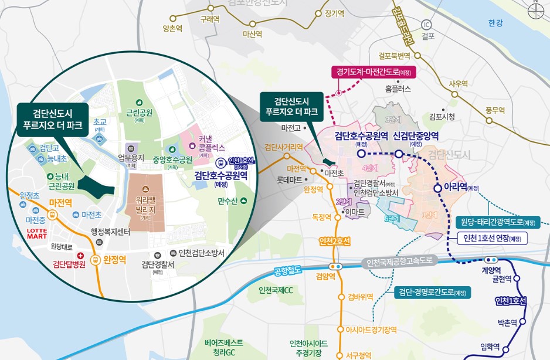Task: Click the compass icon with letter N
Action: [535, 11]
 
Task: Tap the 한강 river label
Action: [495, 23]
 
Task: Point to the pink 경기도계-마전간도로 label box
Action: [373, 73]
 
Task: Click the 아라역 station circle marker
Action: [437, 188]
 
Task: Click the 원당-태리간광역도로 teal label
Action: [497, 222]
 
